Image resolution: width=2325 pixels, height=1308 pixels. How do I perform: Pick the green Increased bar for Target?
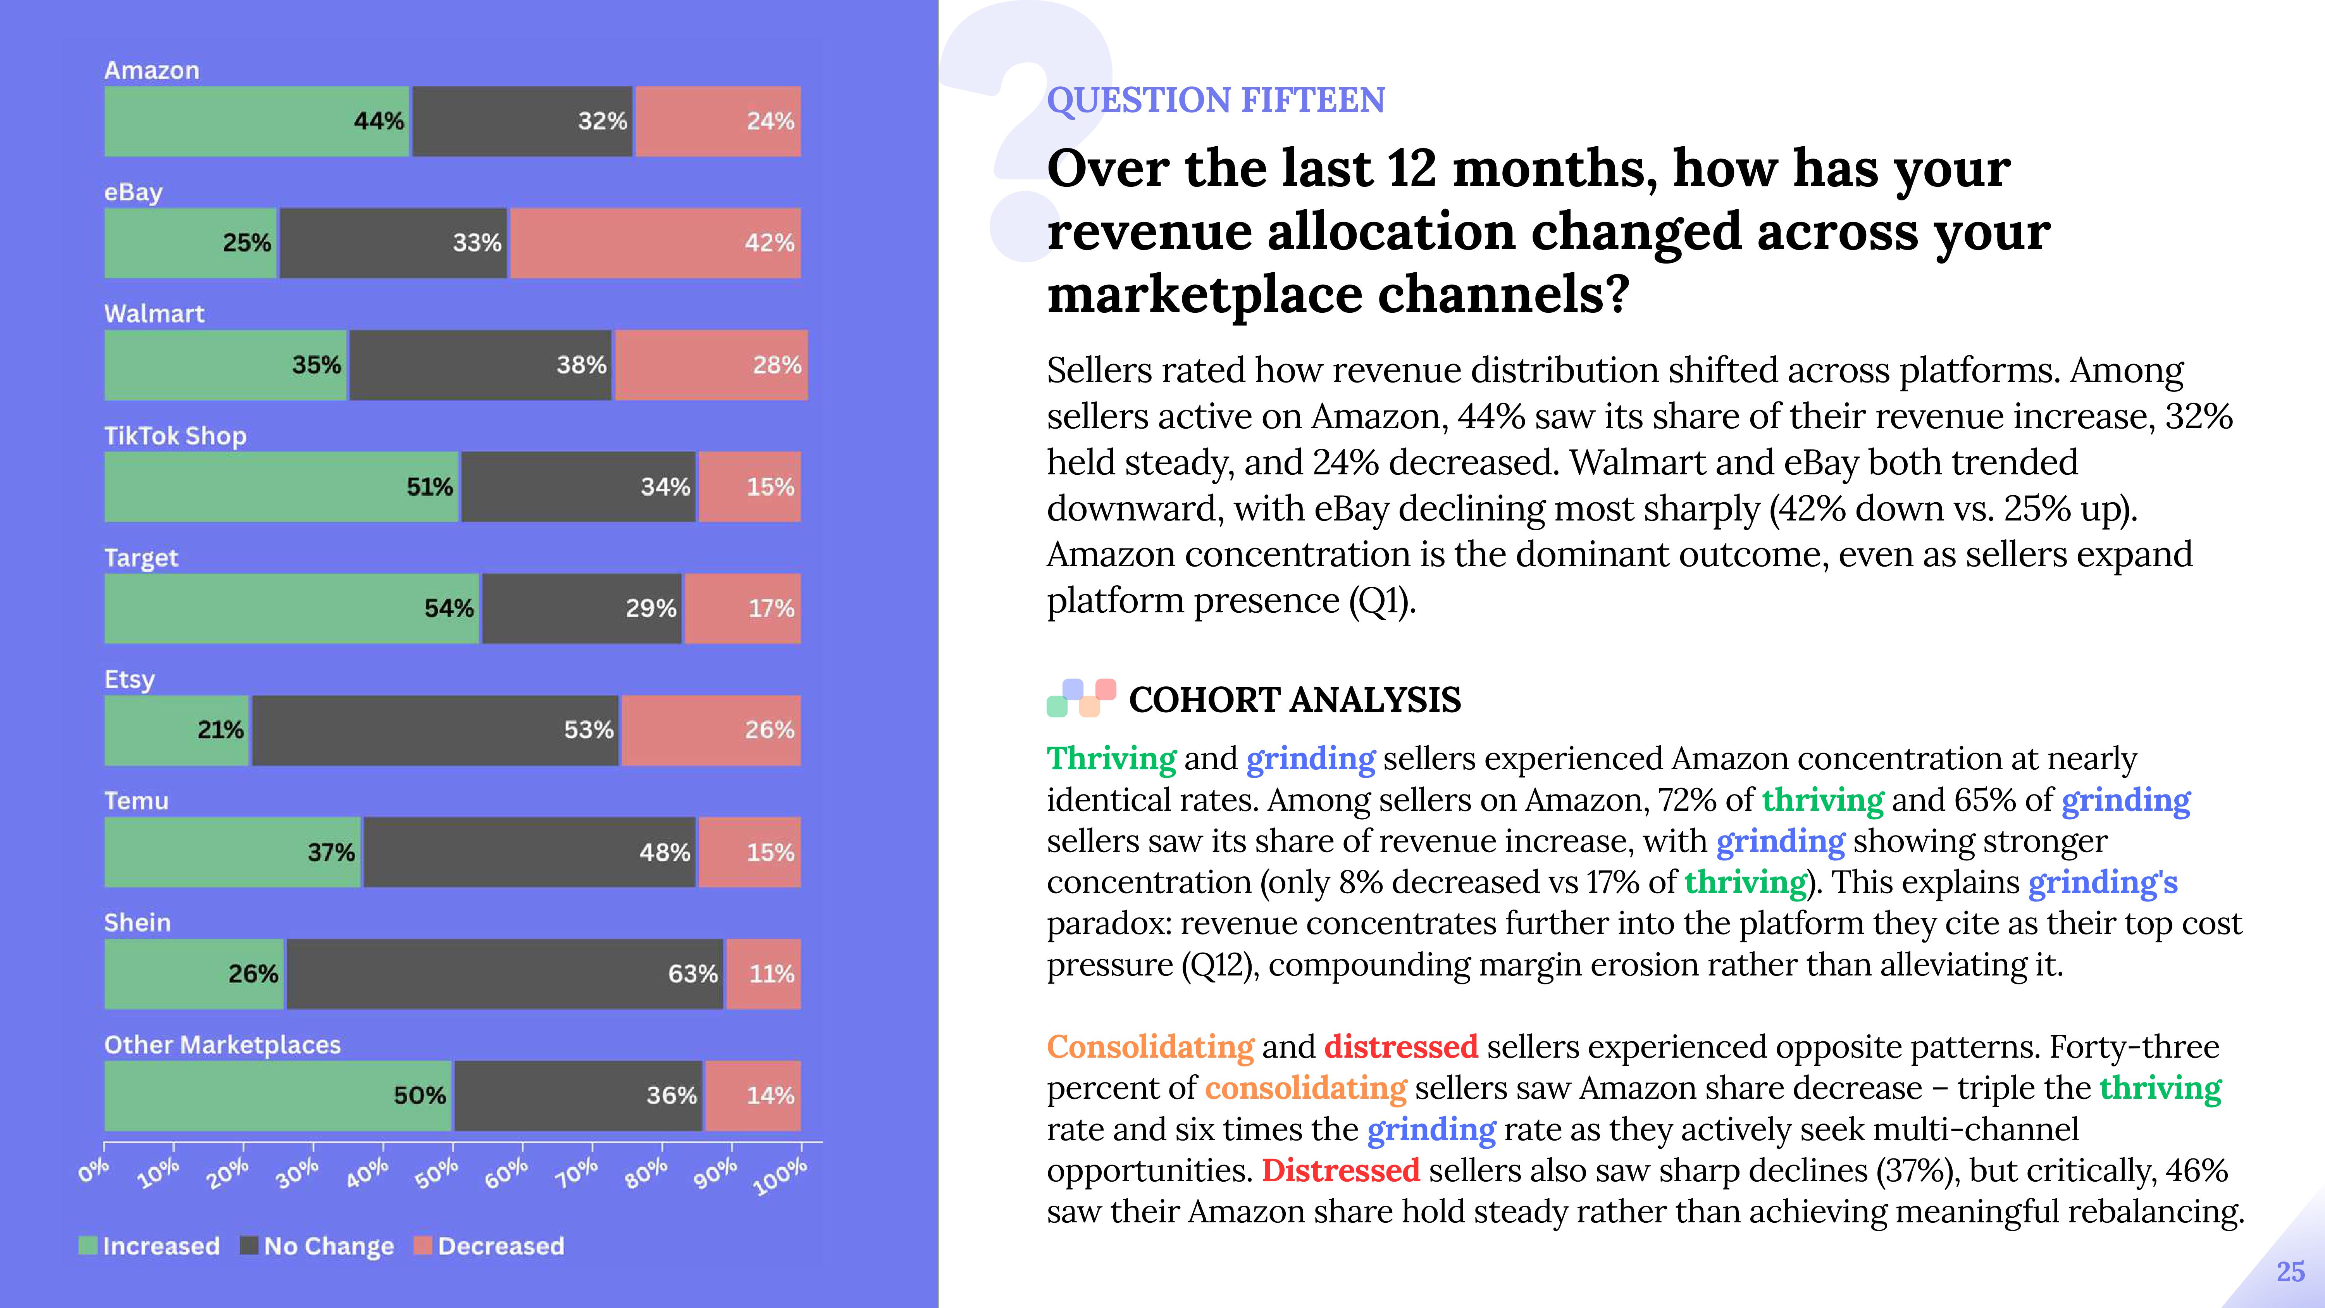pos(291,608)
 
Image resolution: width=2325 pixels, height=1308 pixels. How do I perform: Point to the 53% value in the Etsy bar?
pos(589,730)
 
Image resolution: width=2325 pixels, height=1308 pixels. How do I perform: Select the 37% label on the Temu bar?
pos(331,852)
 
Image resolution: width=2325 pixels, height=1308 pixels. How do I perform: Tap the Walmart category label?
pos(154,313)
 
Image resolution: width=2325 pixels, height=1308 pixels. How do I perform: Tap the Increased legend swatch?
pos(88,1246)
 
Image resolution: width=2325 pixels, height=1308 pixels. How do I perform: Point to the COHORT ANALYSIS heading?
pos(1294,700)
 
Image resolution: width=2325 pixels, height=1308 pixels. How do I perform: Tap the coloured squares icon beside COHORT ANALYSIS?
pos(1080,698)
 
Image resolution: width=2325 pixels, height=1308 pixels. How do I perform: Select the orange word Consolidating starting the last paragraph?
pos(1150,1047)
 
